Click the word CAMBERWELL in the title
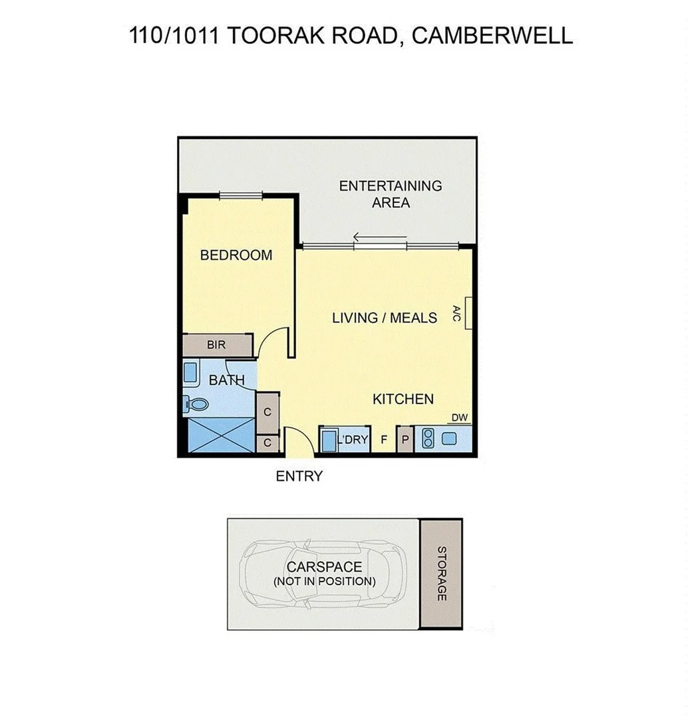(x=492, y=35)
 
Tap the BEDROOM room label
(x=236, y=255)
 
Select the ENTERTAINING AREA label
(x=391, y=194)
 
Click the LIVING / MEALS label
(x=385, y=318)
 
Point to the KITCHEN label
(x=403, y=400)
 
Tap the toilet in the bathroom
(x=197, y=404)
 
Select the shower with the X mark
(x=220, y=435)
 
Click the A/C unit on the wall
(x=468, y=312)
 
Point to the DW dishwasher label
(x=460, y=418)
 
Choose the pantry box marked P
(x=405, y=440)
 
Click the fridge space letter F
(x=384, y=440)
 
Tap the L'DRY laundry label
(x=353, y=440)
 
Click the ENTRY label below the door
(x=299, y=476)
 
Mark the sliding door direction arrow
(x=380, y=237)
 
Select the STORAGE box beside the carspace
(x=440, y=574)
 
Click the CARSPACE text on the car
(x=324, y=567)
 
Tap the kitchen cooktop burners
(x=429, y=438)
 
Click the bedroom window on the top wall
(x=242, y=195)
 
